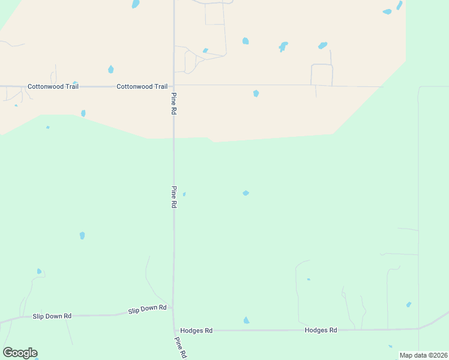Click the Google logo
point(20,353)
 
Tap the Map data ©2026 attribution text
point(423,355)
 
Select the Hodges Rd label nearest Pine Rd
point(196,331)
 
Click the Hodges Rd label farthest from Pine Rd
point(321,330)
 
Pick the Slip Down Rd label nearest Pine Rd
point(147,308)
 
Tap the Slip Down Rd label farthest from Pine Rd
point(52,316)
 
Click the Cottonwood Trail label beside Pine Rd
point(142,86)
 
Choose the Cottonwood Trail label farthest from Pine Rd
point(53,86)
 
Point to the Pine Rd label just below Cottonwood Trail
point(173,104)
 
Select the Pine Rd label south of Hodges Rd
point(179,347)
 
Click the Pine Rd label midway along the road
point(173,197)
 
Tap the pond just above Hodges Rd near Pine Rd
point(246,320)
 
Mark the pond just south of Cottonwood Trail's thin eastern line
point(256,93)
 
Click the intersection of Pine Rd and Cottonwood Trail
point(174,85)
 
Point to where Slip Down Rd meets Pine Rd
point(173,308)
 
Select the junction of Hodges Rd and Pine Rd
point(174,330)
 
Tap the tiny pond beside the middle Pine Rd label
point(184,194)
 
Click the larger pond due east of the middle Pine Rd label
point(246,193)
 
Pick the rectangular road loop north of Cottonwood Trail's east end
point(322,74)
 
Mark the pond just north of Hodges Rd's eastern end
point(409,305)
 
